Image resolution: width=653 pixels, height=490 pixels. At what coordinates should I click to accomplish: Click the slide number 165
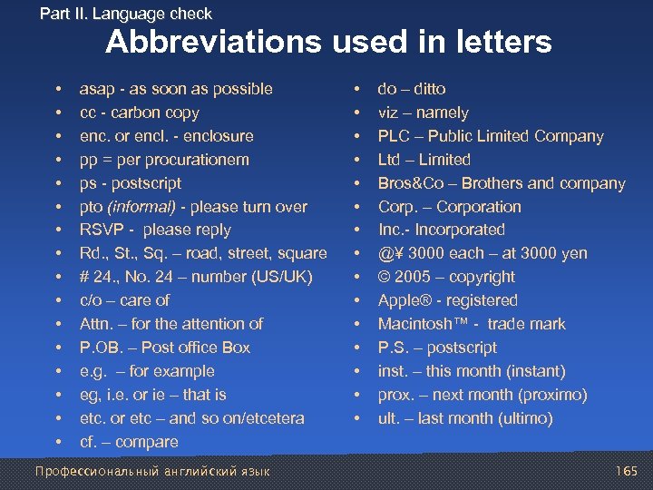pos(626,471)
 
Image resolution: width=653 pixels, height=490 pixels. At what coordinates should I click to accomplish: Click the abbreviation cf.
pos(89,442)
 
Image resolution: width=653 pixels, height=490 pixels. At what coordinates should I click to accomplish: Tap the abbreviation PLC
pos(395,136)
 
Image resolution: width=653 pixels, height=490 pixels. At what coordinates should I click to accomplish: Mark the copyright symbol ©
pos(385,277)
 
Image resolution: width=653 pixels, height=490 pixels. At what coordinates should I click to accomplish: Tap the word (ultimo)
pos(521,418)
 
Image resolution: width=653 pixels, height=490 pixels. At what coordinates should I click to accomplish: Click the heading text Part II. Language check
pos(126,14)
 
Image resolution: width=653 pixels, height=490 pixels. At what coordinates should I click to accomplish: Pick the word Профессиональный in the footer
pos(92,471)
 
